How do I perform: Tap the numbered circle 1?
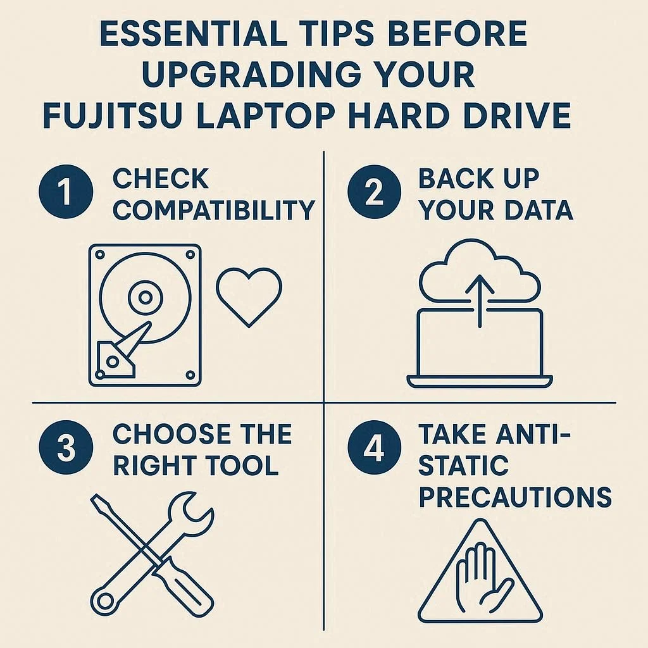(66, 191)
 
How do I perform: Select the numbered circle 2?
(374, 191)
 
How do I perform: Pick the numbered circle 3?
(66, 447)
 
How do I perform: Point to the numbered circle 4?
(374, 447)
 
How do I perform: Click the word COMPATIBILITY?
(214, 209)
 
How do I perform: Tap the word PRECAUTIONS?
(515, 496)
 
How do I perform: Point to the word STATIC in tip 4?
(463, 465)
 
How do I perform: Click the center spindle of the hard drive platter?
(145, 297)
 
